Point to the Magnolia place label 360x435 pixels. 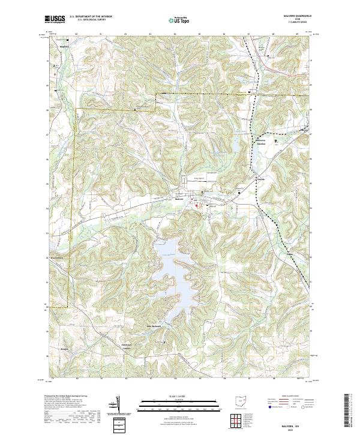pos(64,46)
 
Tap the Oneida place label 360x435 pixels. pos(260,179)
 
